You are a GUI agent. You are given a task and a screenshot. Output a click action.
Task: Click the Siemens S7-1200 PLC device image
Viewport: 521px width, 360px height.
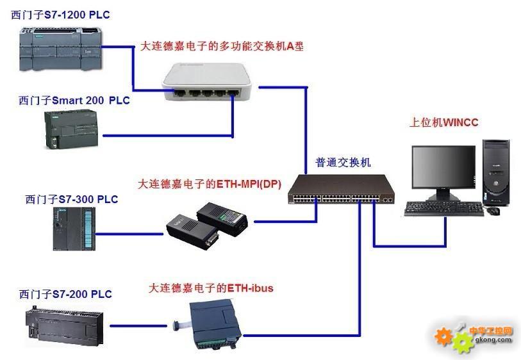tap(60, 49)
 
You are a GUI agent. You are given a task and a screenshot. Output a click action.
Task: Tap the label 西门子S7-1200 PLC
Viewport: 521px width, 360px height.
tap(60, 15)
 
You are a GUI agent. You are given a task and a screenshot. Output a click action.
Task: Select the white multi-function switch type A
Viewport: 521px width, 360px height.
tap(206, 82)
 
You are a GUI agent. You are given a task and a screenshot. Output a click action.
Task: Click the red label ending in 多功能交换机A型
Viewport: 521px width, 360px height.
tap(222, 46)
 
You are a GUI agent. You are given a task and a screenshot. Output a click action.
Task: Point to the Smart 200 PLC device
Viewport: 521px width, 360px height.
tap(71, 129)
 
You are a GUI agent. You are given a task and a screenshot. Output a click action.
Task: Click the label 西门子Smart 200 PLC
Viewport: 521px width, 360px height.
tap(74, 101)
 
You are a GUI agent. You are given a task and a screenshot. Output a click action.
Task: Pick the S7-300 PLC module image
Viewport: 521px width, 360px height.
tap(74, 229)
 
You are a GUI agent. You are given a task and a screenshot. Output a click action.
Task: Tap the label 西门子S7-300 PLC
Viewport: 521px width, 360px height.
tap(72, 199)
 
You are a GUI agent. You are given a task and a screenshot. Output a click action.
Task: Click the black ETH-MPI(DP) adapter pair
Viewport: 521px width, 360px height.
tap(207, 224)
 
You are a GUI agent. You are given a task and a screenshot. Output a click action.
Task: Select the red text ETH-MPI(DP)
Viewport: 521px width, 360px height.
tap(249, 184)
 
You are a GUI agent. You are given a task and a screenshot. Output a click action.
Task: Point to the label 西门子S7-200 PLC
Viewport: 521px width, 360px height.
tap(65, 294)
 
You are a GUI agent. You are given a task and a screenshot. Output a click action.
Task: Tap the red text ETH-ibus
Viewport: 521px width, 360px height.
tap(250, 288)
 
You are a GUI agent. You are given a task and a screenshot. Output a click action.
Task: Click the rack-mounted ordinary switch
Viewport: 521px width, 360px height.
tap(341, 190)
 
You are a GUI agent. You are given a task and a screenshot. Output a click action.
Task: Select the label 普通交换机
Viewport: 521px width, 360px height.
tap(343, 163)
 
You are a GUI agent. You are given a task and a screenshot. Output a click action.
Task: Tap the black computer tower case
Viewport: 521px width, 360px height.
tap(496, 173)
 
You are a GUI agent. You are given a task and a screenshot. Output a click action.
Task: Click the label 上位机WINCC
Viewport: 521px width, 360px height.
tap(443, 122)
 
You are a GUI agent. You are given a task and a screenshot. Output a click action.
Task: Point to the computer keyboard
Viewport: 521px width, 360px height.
tap(444, 209)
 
